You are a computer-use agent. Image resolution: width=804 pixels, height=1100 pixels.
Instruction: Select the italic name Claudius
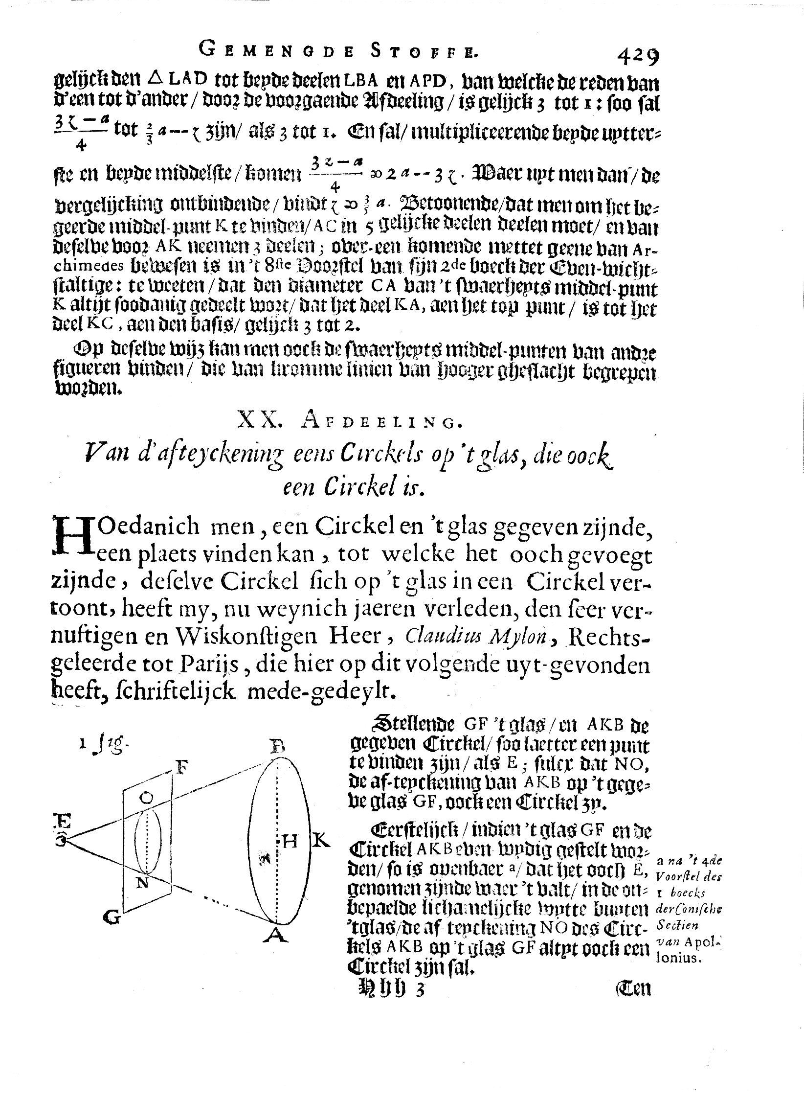point(444,636)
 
